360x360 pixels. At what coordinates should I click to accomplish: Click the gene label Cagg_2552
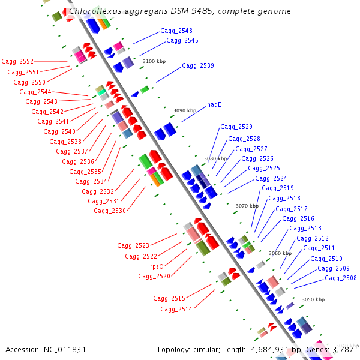pos(17,61)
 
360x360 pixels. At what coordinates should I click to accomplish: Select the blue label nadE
pos(214,104)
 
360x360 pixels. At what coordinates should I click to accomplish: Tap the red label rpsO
pos(157,266)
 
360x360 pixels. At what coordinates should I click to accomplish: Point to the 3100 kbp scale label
pos(154,61)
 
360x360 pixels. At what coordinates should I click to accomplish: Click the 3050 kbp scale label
pos(313,299)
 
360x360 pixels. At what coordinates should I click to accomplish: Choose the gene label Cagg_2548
pos(176,31)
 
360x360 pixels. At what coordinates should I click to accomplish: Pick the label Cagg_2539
pos(198,65)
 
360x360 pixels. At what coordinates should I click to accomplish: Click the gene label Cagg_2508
pos(341,278)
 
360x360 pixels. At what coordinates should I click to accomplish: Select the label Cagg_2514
pos(176,309)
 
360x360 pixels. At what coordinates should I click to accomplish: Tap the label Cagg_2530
pos(110,211)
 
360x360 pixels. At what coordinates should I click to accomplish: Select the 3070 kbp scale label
pos(247,206)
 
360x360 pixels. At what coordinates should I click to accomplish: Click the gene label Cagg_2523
pos(133,245)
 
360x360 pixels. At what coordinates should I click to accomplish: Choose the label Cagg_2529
pos(236,127)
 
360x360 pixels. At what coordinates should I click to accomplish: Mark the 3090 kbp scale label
pos(185,110)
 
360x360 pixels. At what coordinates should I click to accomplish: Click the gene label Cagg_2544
pos(35,92)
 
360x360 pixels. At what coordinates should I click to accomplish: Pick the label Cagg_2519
pos(278,188)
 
